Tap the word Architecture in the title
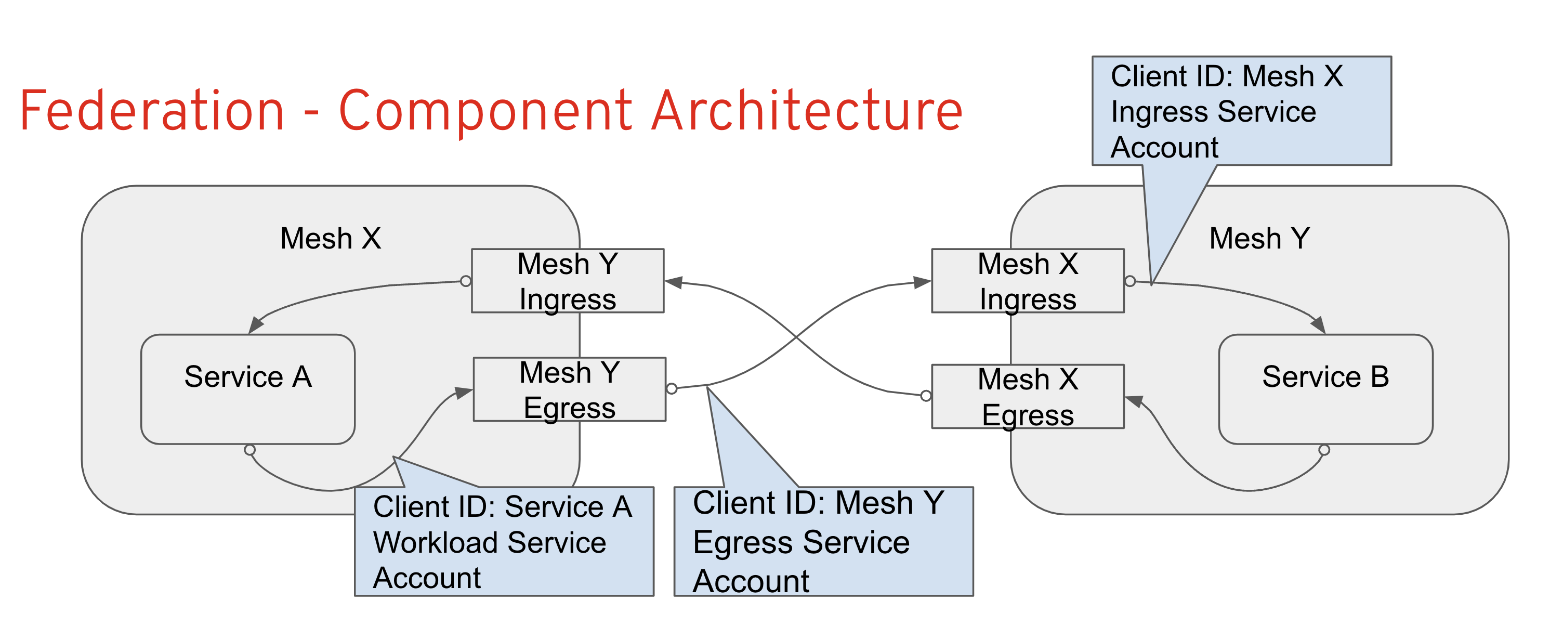tap(806, 111)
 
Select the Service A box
tap(247, 389)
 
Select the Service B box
tap(1325, 389)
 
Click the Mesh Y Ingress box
tap(568, 280)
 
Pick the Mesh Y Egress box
tap(569, 389)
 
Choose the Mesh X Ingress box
tap(1027, 280)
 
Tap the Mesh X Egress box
tap(1027, 396)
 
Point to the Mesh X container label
tap(331, 238)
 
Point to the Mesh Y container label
tap(1259, 238)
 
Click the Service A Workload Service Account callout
tap(504, 541)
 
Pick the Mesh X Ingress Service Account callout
tap(1241, 111)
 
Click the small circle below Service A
tap(249, 450)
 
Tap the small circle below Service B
tap(1324, 450)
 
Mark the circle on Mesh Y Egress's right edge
tap(672, 389)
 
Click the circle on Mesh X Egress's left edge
tap(926, 396)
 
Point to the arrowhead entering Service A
tap(255, 325)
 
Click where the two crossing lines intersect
tap(797, 337)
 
